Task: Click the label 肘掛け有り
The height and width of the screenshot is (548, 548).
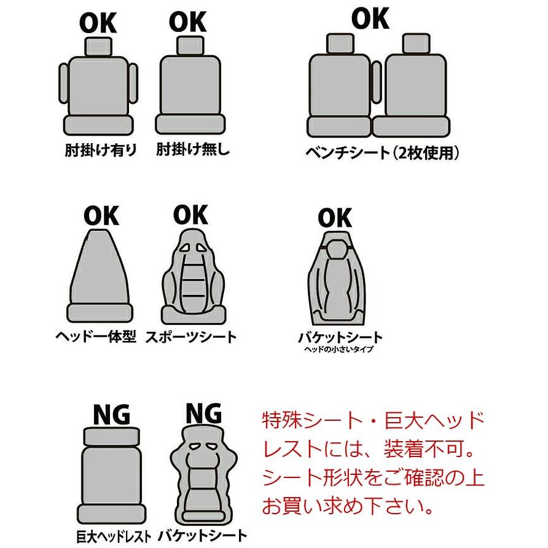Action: (x=101, y=151)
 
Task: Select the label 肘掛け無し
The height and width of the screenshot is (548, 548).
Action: (x=192, y=149)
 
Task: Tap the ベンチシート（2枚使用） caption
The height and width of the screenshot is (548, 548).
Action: (x=382, y=153)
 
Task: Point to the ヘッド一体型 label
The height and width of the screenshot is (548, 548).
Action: (x=96, y=337)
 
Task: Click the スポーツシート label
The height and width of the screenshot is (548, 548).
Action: (x=191, y=337)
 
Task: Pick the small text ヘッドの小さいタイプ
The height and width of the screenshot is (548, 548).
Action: (x=339, y=349)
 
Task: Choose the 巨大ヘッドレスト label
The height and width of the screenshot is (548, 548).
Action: (x=114, y=536)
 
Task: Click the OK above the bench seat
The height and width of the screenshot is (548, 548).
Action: (x=370, y=18)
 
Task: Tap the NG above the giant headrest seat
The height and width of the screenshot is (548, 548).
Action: (x=111, y=415)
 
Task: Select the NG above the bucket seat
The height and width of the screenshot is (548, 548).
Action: (x=203, y=413)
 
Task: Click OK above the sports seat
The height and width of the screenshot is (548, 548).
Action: (x=191, y=214)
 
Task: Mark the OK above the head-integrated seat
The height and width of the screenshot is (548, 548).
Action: (x=101, y=216)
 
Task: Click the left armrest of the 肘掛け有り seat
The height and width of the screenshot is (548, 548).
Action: (x=64, y=83)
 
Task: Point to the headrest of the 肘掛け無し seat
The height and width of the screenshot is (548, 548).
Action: (x=190, y=45)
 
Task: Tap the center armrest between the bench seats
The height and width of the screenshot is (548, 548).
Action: (x=377, y=82)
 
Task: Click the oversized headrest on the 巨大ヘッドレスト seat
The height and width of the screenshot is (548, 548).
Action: (x=112, y=437)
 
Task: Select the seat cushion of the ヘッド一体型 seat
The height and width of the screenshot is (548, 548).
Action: (x=100, y=313)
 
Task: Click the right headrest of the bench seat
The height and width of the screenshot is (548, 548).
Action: (x=416, y=44)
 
